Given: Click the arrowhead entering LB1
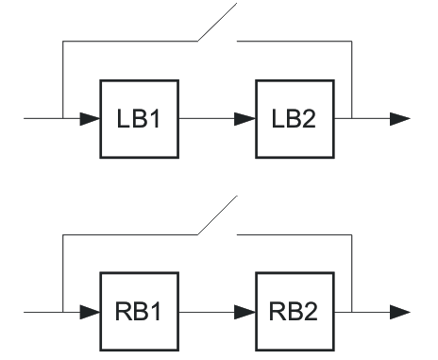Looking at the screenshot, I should coord(90,120).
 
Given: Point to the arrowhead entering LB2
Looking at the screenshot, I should coord(245,120).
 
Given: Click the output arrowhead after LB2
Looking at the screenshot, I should coord(400,120).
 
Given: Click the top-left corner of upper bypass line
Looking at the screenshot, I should coord(61,42).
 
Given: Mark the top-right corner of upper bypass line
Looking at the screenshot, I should coord(350,42).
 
